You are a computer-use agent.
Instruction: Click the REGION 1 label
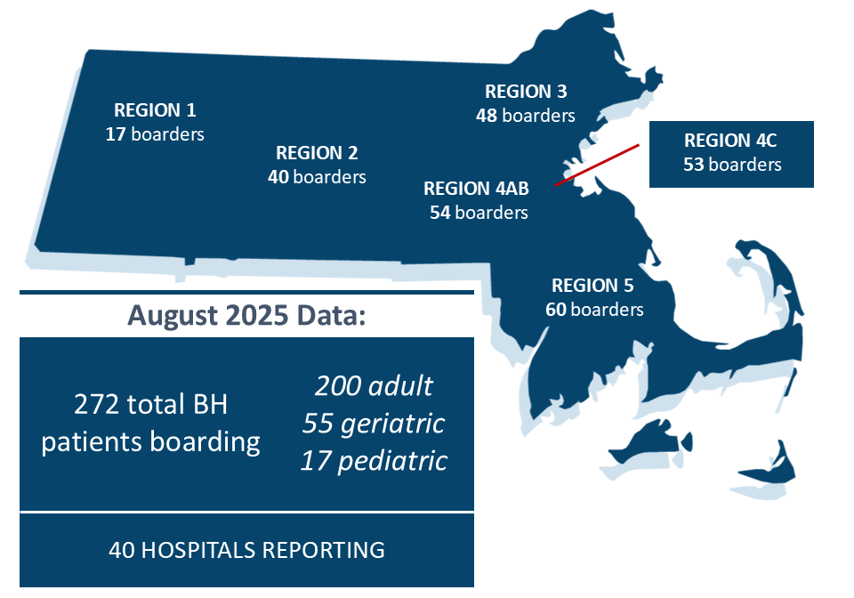pos(155,110)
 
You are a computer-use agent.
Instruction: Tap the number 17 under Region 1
pos(116,134)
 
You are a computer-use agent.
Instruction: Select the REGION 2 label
pos(317,152)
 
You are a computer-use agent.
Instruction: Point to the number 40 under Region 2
pos(278,176)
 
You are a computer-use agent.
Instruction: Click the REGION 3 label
pos(526,92)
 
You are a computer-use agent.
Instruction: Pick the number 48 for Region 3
pos(487,116)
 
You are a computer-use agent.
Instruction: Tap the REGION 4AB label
pos(477,189)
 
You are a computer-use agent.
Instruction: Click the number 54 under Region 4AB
pos(440,213)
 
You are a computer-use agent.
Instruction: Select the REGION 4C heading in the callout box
pos(730,141)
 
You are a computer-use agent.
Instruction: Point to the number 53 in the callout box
pos(694,165)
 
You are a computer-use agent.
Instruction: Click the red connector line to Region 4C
pos(597,165)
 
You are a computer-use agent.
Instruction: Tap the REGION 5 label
pos(592,286)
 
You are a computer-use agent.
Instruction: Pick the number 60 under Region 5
pos(556,310)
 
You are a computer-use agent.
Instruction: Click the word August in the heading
pos(172,315)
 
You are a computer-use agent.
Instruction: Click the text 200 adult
pos(374,386)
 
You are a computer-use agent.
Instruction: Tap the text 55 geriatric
pos(374,424)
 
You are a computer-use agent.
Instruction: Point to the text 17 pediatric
pos(374,461)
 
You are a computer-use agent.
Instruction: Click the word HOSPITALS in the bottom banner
pos(198,550)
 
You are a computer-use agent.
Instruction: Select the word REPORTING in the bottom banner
pos(324,550)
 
